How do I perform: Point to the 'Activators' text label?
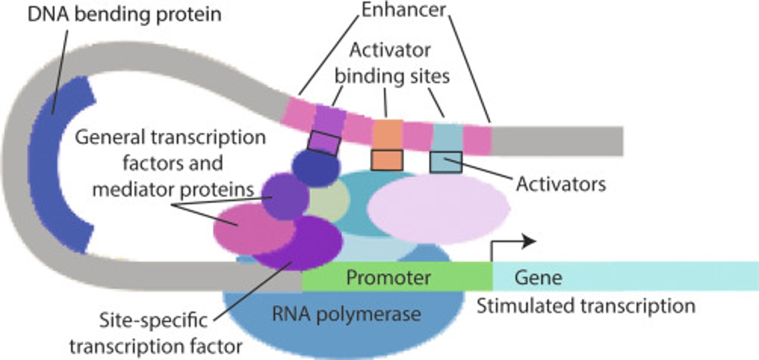coord(561,184)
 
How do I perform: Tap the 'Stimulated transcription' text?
coord(586,306)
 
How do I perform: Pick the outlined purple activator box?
coord(324,143)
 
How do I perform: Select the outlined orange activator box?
coord(387,160)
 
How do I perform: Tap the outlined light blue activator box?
coord(445,161)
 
